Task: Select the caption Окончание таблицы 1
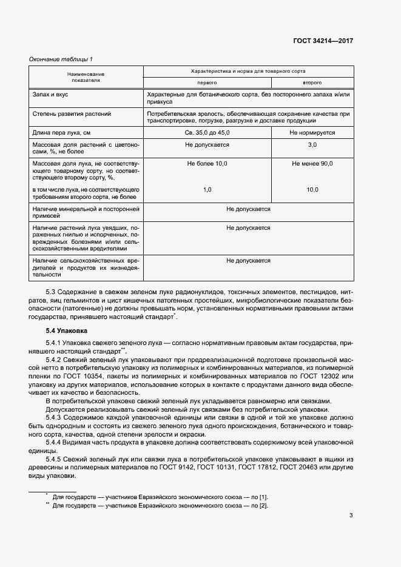pos(61,59)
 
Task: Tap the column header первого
pos(206,82)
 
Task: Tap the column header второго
pos(312,82)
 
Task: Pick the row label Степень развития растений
pos(72,114)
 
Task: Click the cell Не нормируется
pos(312,132)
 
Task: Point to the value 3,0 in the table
pos(312,145)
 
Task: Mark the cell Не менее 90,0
pos(312,164)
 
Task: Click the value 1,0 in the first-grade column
pos(207,190)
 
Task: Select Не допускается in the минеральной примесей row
pos(248,209)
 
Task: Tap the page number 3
pos(351,516)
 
